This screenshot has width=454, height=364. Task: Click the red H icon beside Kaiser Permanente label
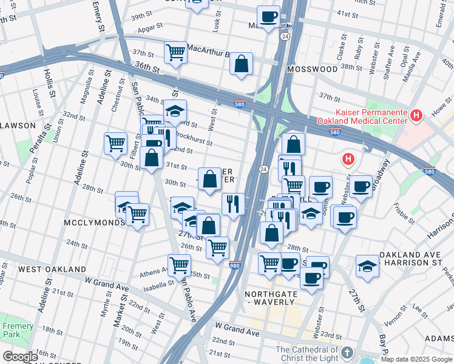(416, 115)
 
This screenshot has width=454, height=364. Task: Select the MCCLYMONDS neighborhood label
(95, 223)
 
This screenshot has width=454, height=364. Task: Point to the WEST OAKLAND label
(52, 269)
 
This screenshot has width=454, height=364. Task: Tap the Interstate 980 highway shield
(235, 265)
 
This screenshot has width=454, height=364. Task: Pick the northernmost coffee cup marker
(268, 16)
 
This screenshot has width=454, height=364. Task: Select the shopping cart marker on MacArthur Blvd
(175, 52)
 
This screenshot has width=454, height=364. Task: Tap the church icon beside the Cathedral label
(347, 352)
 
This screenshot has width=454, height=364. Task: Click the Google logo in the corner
(20, 357)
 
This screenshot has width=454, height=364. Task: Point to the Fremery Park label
(18, 330)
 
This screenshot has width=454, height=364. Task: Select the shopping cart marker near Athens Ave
(179, 265)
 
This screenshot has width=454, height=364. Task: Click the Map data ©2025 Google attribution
(416, 359)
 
